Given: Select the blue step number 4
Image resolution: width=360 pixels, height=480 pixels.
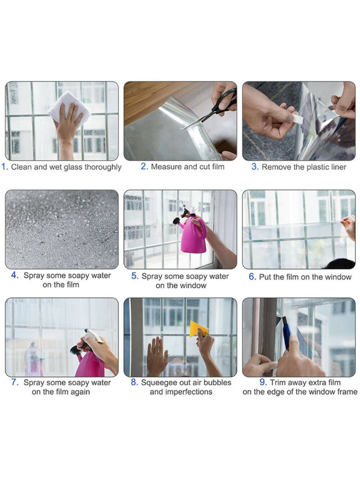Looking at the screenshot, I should [x=15, y=276].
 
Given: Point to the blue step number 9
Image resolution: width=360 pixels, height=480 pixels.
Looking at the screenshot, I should [x=263, y=383].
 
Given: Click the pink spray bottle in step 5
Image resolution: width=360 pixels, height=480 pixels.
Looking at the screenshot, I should [x=192, y=235].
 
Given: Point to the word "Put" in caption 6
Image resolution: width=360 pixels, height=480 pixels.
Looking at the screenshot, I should [x=265, y=277].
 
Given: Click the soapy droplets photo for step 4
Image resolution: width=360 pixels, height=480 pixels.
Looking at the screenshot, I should [x=61, y=229].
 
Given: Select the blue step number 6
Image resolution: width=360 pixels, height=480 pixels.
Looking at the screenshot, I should [x=252, y=277].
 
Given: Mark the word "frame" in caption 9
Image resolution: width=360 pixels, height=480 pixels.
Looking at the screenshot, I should [x=347, y=392].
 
